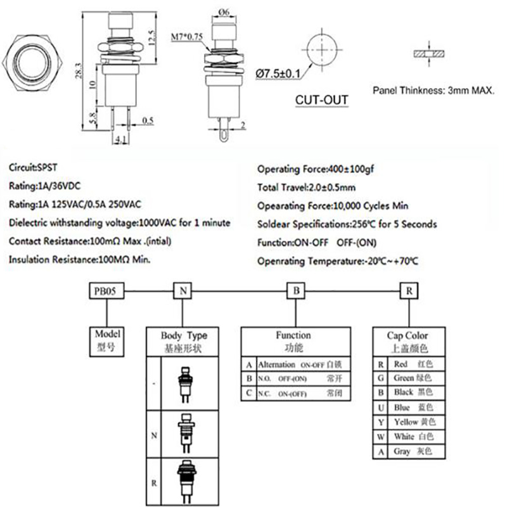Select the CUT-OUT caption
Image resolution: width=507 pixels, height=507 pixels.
click(321, 99)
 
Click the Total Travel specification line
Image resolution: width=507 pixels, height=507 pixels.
click(306, 188)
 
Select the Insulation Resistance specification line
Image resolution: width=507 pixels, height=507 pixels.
click(80, 260)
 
